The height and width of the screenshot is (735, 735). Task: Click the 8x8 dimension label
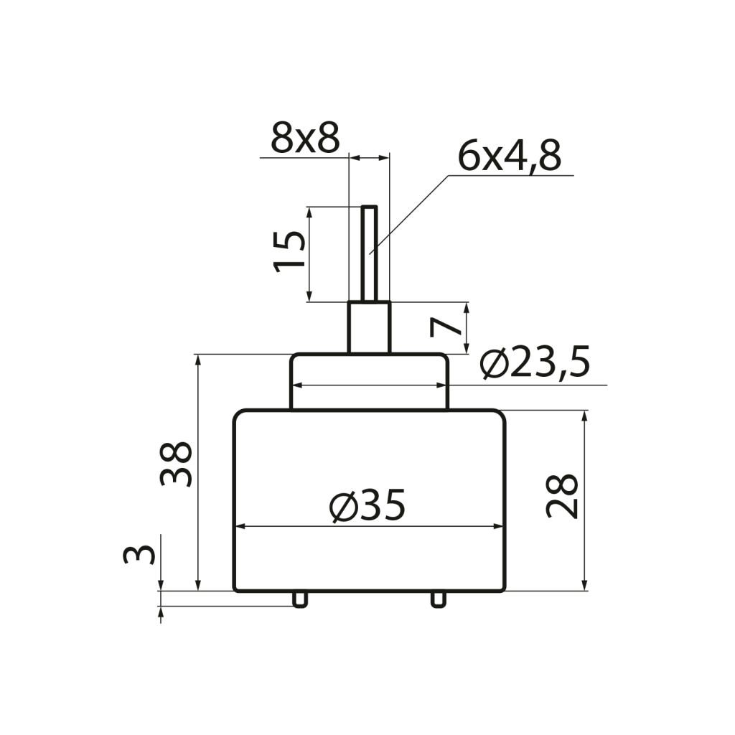[x=305, y=139]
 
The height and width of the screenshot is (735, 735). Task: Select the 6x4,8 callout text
[x=509, y=156]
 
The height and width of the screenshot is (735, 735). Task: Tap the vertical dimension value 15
[x=289, y=252]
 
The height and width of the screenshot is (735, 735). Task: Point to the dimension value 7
[x=445, y=327]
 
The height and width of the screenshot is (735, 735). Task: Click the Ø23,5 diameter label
[x=534, y=362]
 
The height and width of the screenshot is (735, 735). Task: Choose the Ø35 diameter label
[x=367, y=505]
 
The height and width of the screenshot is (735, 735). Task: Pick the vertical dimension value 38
[x=176, y=464]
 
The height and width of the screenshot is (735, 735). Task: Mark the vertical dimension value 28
[x=562, y=496]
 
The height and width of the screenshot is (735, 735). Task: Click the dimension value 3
[x=139, y=555]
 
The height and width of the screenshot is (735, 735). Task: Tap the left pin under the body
[x=300, y=599]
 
